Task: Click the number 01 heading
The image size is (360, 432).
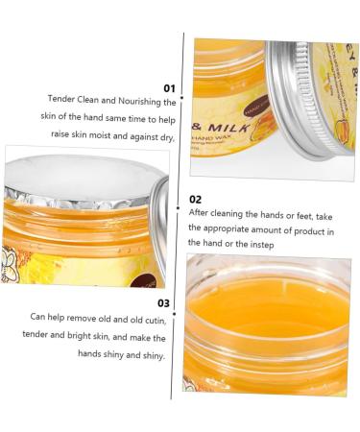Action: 169,85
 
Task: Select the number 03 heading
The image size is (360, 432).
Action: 163,303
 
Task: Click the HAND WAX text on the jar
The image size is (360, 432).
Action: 231,144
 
